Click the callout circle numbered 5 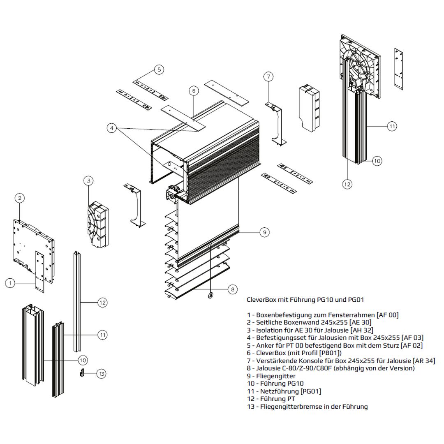click(x=160, y=69)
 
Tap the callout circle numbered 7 click(x=268, y=76)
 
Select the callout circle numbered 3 click(x=88, y=180)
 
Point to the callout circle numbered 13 click(x=102, y=374)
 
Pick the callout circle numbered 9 click(x=265, y=233)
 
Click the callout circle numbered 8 click(x=232, y=289)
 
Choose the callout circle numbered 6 click(x=194, y=90)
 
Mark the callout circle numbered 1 click(x=11, y=282)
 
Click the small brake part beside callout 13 click(x=82, y=372)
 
